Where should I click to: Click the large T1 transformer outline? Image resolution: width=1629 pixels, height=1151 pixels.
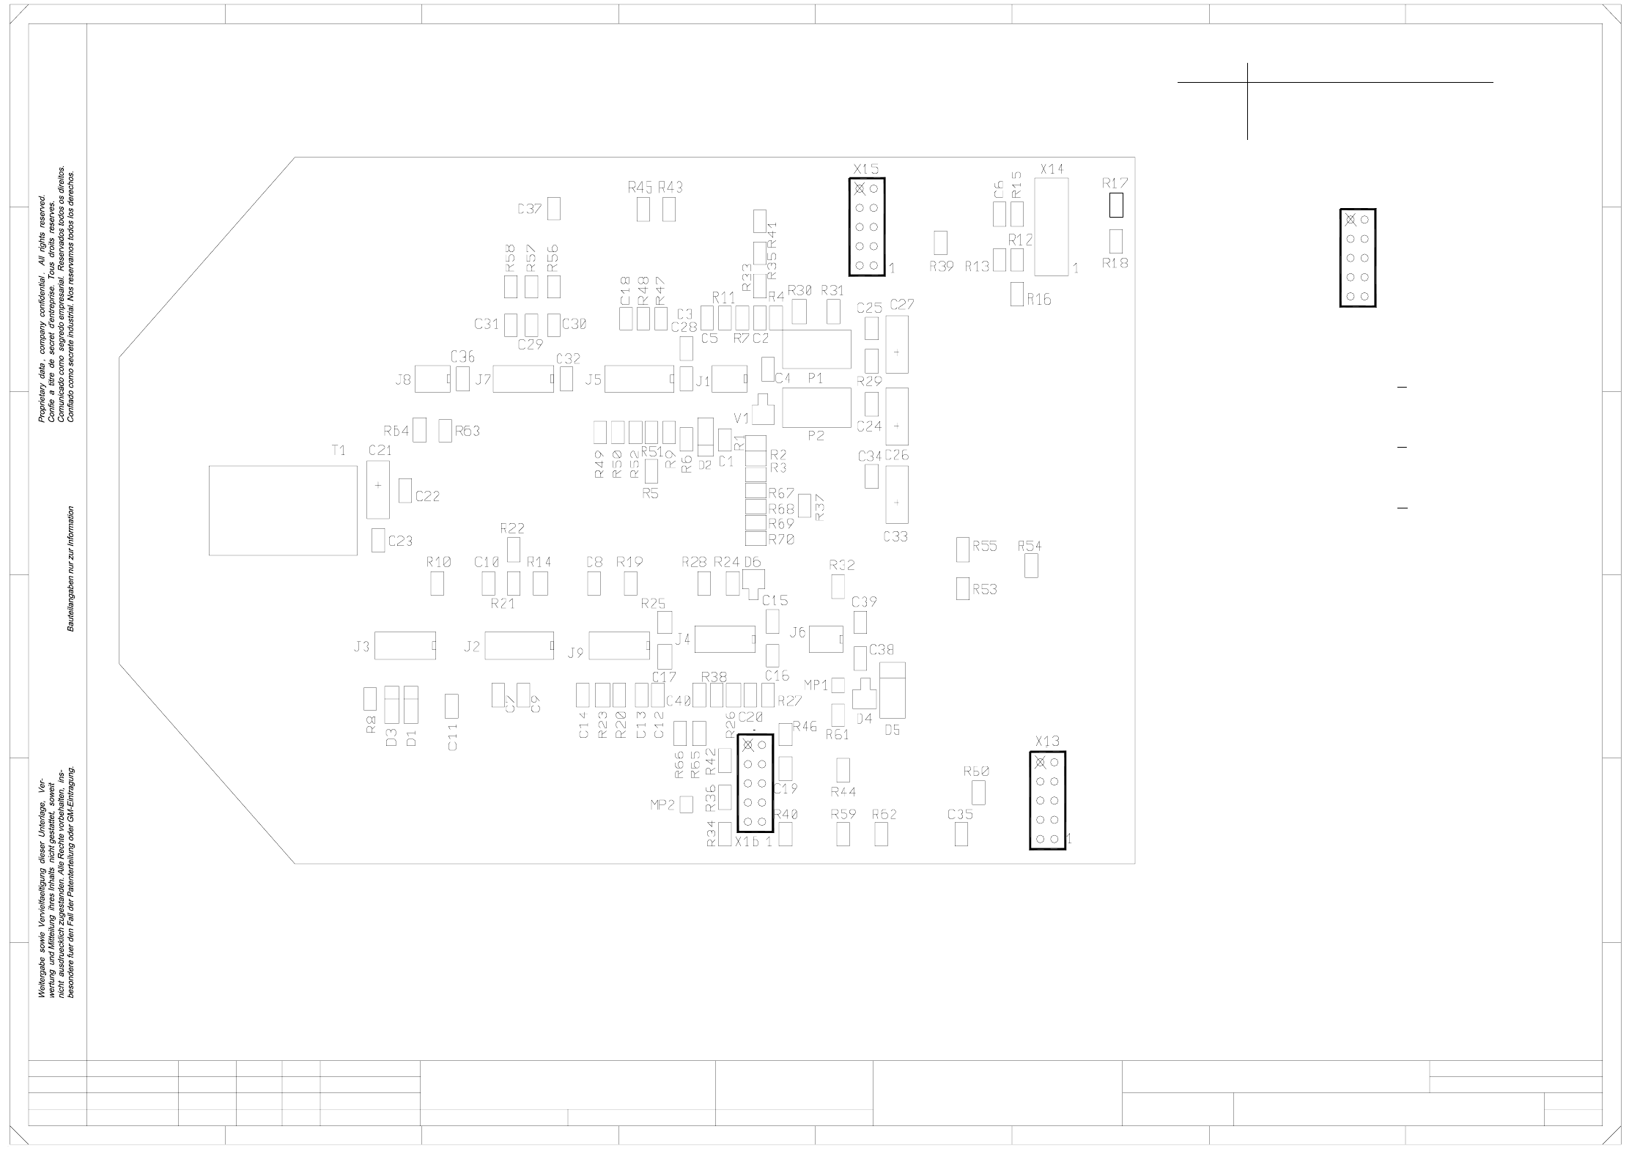tap(282, 510)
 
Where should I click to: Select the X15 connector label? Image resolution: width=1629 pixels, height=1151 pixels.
tap(865, 169)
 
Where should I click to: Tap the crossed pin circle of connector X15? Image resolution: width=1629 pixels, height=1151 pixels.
tap(860, 189)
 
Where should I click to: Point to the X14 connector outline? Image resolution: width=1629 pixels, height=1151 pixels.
tap(1051, 226)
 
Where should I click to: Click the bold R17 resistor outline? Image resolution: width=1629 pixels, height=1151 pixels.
tap(1115, 205)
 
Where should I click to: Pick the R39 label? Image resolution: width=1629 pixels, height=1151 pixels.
tap(941, 267)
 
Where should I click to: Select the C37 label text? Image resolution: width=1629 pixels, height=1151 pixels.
tap(529, 209)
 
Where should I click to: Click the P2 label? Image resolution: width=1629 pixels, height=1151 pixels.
tap(816, 436)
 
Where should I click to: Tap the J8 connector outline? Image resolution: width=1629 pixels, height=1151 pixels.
tap(432, 379)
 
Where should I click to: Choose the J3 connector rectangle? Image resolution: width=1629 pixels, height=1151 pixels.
tap(405, 645)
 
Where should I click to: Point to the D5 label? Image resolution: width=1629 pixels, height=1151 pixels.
tap(892, 730)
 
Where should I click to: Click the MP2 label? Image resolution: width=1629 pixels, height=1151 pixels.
tap(662, 804)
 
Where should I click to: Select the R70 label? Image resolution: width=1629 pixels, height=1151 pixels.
tap(781, 540)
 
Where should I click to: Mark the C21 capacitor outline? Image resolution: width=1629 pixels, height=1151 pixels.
tap(377, 489)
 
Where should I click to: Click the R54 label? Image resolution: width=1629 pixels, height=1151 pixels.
tap(1029, 546)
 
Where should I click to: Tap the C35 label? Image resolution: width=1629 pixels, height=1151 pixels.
tap(960, 815)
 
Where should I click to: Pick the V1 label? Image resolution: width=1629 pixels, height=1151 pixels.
tap(741, 418)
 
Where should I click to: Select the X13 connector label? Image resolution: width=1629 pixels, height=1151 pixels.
tap(1047, 741)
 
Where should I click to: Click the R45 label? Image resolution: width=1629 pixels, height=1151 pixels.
tap(640, 188)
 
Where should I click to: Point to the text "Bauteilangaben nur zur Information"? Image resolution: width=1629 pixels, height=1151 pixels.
tap(71, 568)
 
